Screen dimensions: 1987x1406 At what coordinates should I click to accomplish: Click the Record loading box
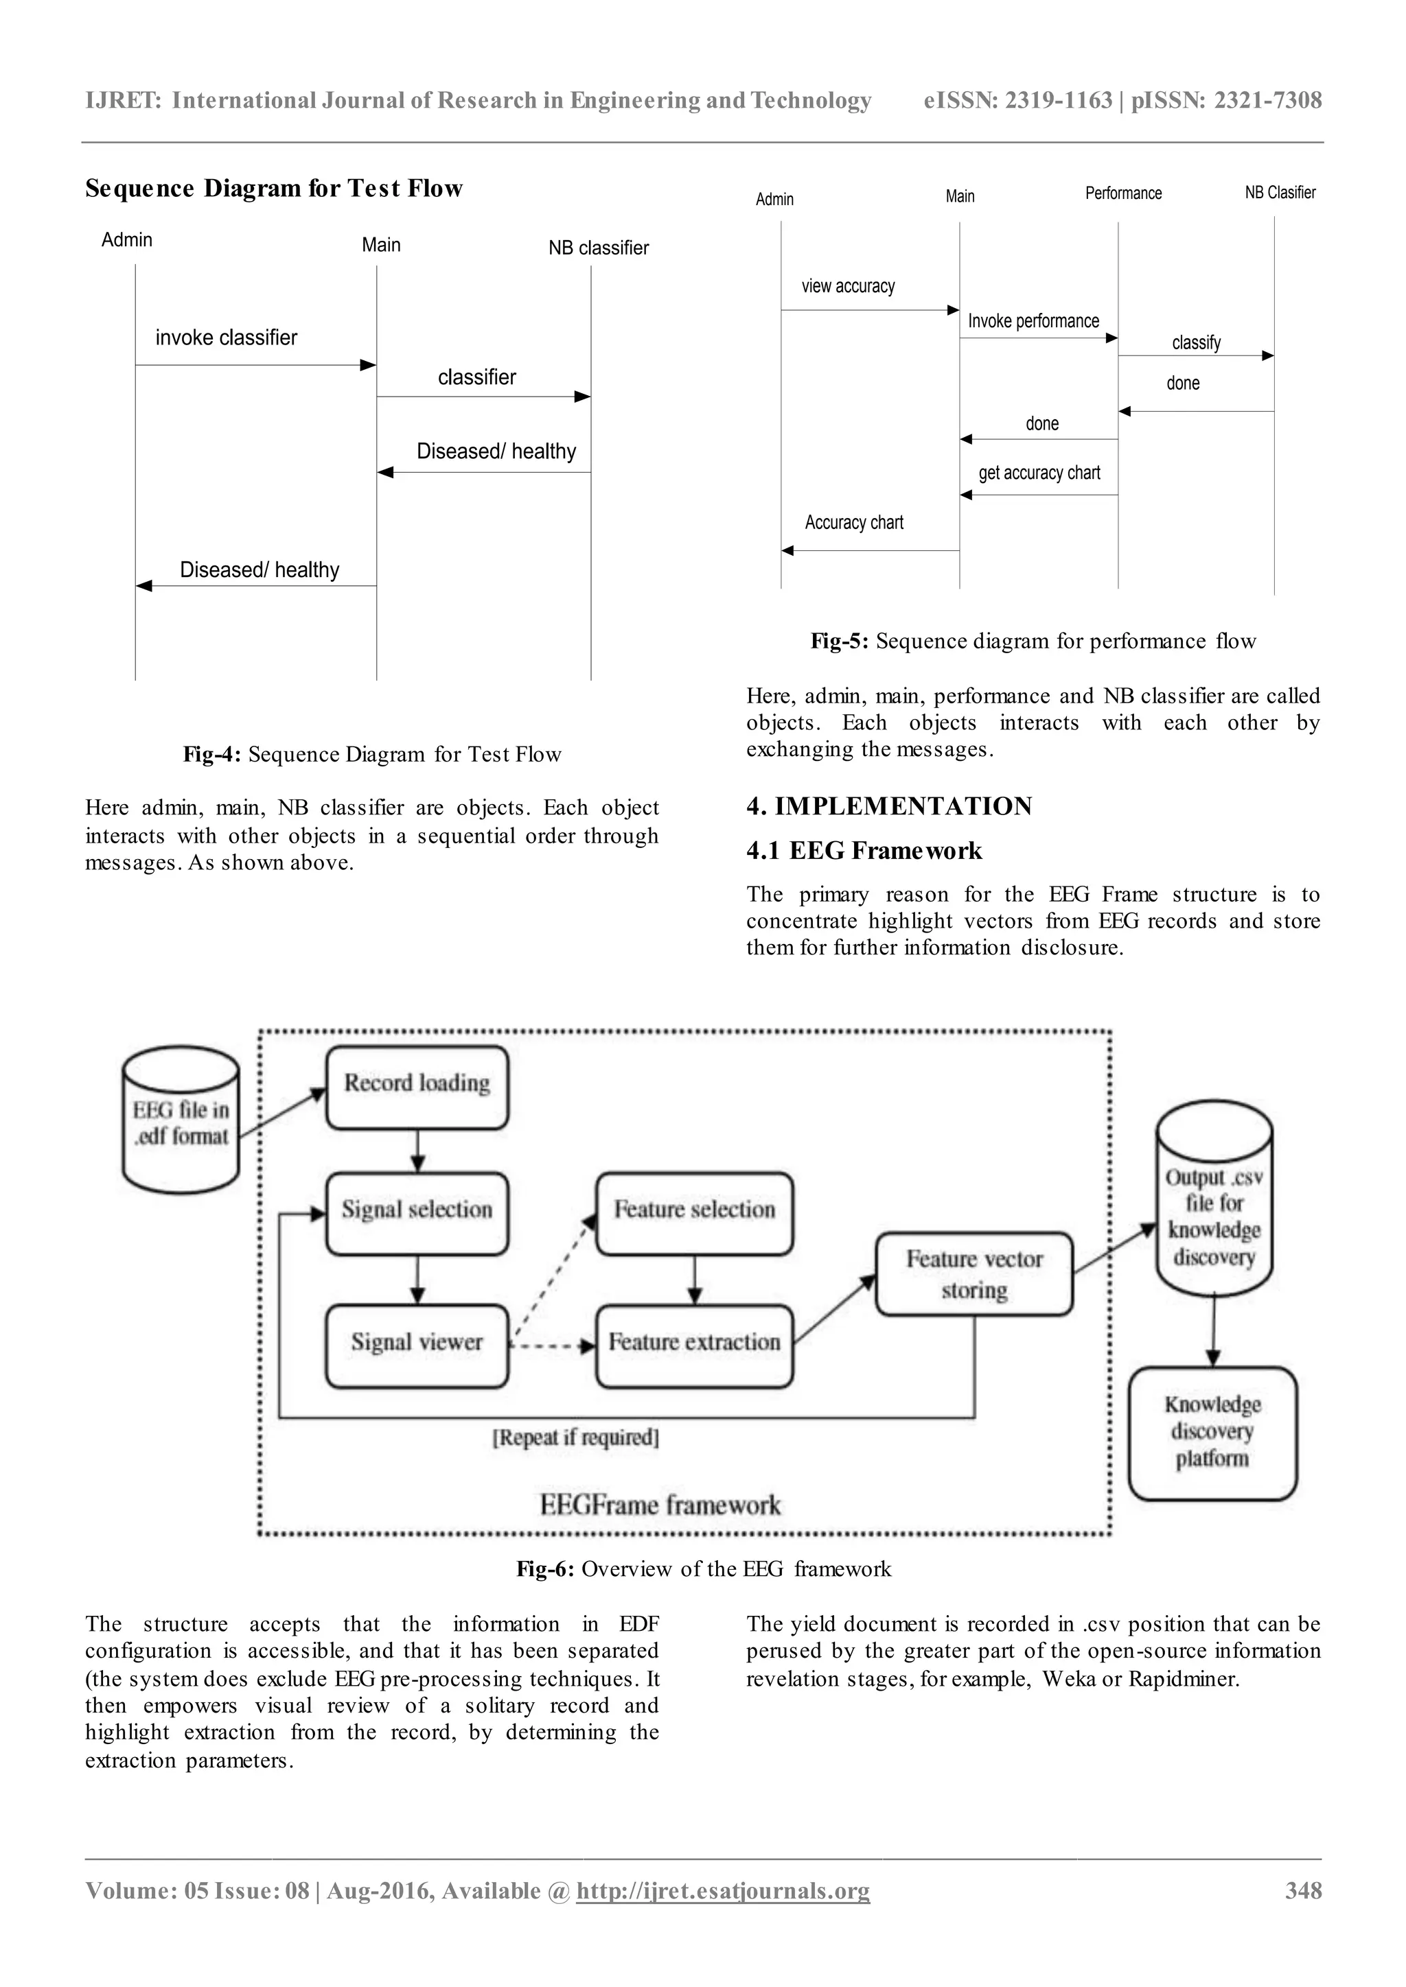(417, 1087)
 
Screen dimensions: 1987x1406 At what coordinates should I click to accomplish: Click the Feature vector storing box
(974, 1274)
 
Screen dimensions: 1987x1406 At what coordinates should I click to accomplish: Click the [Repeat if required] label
(576, 1437)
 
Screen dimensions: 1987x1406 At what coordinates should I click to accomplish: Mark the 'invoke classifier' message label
(226, 338)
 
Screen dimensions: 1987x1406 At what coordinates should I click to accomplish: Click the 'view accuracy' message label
(848, 286)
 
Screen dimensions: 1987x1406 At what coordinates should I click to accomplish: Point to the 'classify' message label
(1196, 342)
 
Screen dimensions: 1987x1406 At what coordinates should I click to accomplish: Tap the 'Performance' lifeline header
(1123, 193)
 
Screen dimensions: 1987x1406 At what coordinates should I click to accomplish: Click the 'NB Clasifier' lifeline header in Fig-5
(1280, 193)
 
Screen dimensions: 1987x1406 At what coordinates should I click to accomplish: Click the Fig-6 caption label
(703, 1569)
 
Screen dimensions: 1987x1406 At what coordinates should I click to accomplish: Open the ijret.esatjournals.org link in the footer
(723, 1914)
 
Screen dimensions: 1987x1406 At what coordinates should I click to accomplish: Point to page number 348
(1303, 1914)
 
